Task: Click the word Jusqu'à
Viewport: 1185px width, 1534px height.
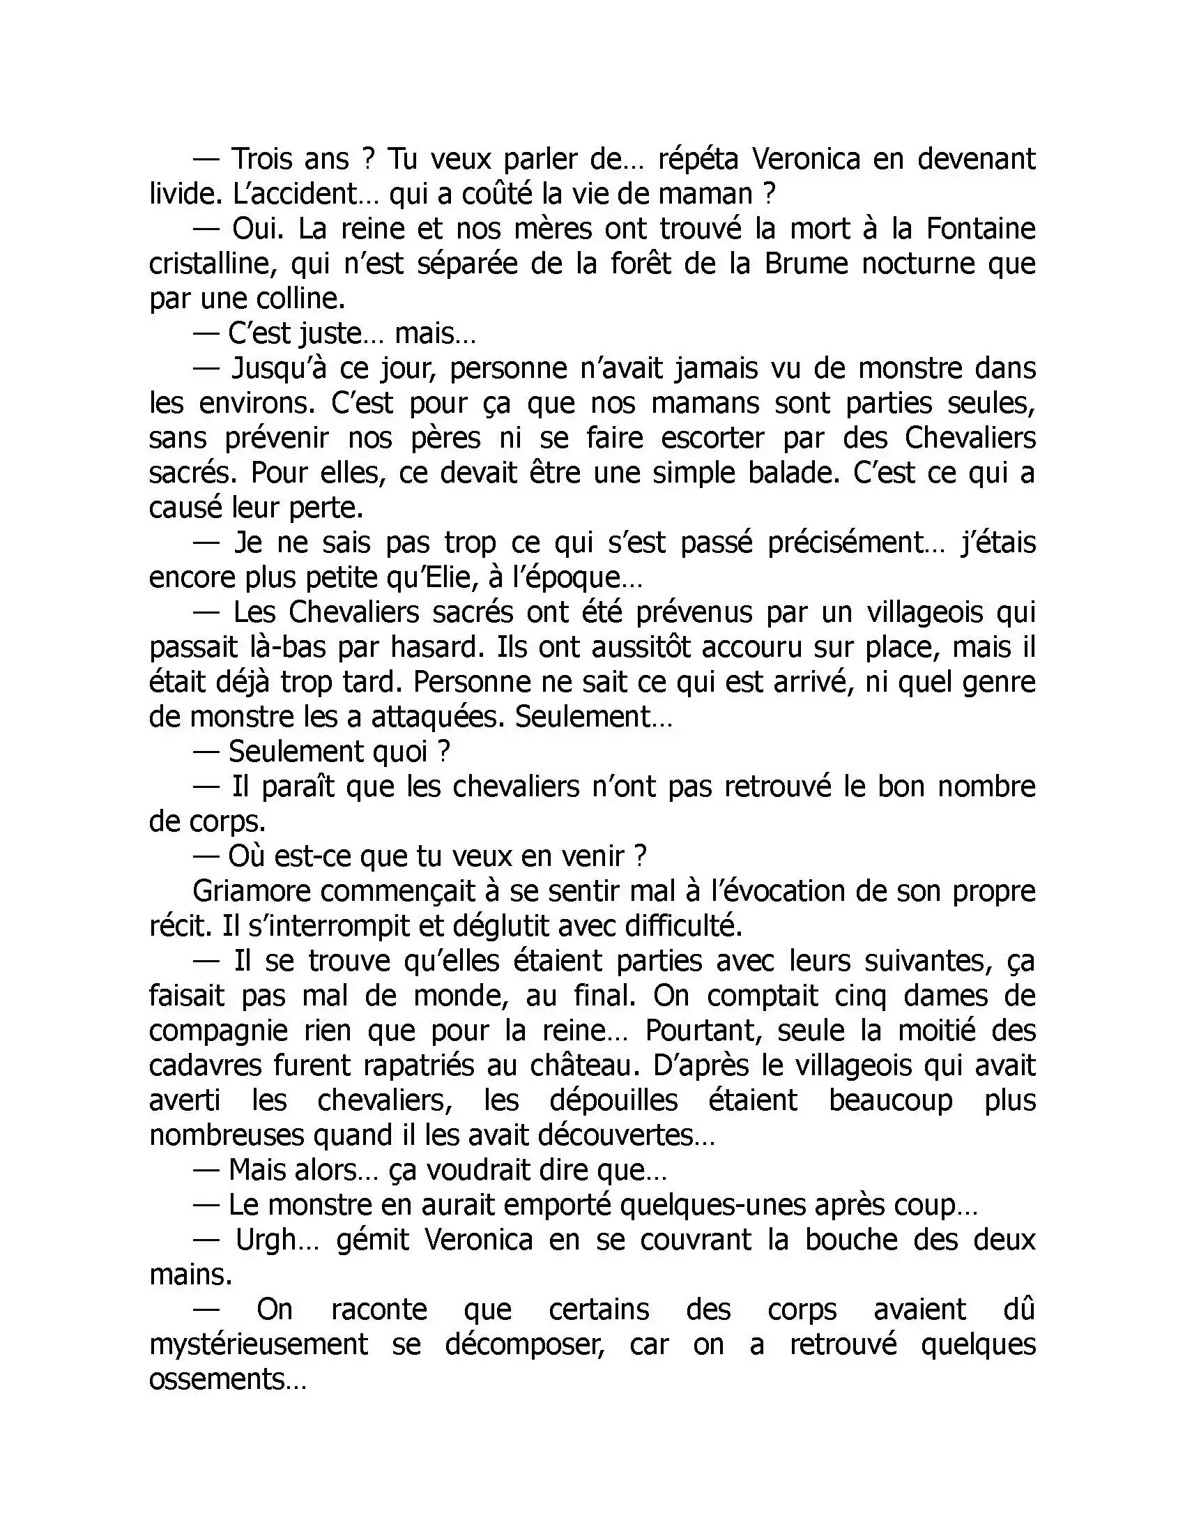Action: click(278, 369)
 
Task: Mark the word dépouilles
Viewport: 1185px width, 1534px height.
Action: click(613, 1100)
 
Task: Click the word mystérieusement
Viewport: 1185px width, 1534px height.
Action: click(259, 1345)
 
